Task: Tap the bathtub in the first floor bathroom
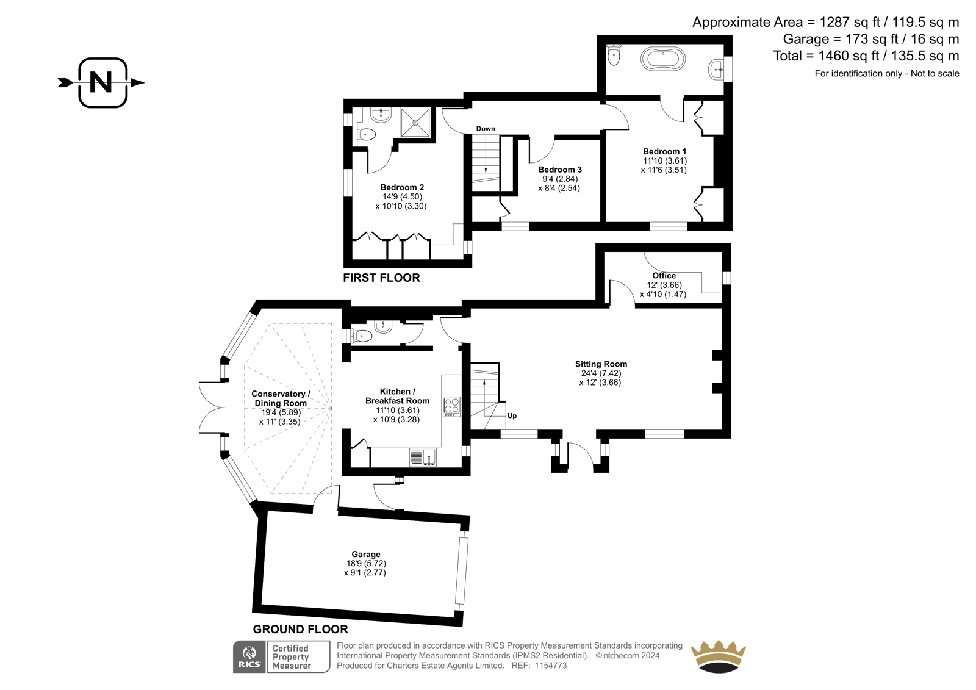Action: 662,59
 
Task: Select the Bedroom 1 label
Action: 664,152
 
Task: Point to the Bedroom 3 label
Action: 560,170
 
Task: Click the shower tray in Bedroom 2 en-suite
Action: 415,122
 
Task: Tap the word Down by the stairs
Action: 486,129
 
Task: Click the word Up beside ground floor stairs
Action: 512,416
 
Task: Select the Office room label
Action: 664,276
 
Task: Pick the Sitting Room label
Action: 601,364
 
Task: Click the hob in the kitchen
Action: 452,407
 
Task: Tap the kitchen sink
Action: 423,457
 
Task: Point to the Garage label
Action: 366,554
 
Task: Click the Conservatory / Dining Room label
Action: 281,398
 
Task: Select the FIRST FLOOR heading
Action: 381,278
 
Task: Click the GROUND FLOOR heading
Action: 301,629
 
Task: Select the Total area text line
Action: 866,56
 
